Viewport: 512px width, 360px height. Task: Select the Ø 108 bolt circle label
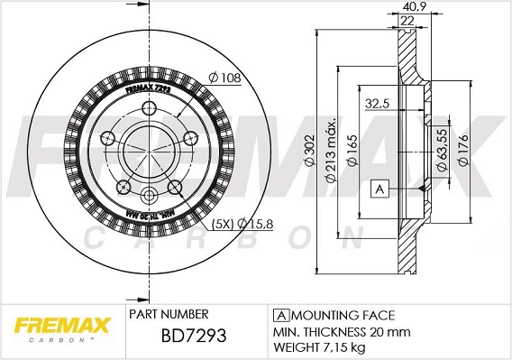(x=225, y=78)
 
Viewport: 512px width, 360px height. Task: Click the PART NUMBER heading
(x=169, y=315)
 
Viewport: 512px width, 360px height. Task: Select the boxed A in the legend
(x=279, y=315)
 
